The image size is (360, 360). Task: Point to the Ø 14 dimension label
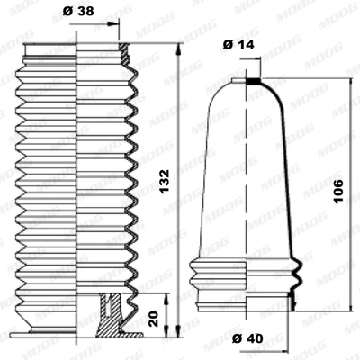(238, 42)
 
